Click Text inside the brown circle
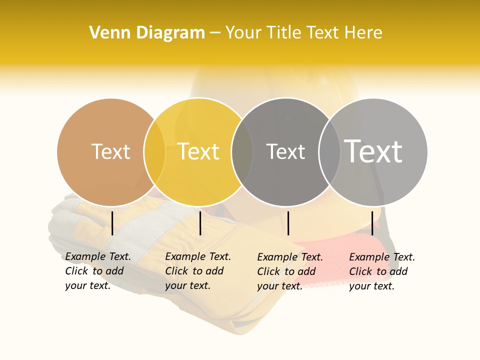110,151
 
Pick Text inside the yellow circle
198,151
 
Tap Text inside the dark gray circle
285,151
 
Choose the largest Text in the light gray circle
373,151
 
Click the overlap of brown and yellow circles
154,152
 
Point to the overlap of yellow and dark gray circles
242,152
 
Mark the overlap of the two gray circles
329,152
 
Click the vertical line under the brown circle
112,223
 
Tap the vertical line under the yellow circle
200,223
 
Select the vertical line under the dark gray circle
288,223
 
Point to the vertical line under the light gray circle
372,223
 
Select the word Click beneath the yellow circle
176,271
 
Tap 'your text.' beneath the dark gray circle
279,286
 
